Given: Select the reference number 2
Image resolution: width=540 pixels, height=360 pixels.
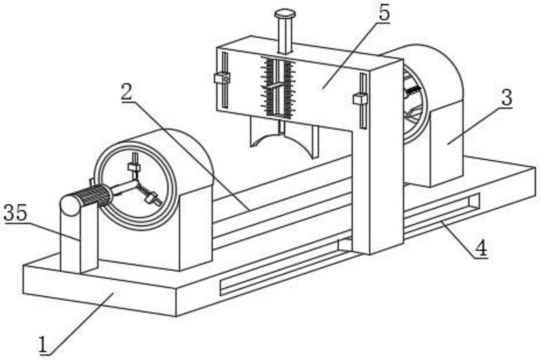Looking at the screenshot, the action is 126,92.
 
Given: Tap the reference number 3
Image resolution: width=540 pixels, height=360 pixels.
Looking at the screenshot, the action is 507,98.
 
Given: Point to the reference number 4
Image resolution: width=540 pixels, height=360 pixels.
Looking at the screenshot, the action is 481,248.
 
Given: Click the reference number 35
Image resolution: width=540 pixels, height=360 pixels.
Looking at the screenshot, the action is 15,213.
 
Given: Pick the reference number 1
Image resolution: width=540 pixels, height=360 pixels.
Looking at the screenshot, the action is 43,344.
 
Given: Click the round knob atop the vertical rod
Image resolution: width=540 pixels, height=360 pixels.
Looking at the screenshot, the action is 285,14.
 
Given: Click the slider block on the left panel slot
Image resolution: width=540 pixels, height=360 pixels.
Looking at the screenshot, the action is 222,78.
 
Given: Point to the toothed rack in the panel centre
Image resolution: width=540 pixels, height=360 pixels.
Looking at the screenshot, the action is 278,87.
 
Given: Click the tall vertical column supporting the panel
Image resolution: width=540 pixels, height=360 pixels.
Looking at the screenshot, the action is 378,157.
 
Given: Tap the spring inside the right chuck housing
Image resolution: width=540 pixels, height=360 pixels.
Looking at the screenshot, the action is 414,90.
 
